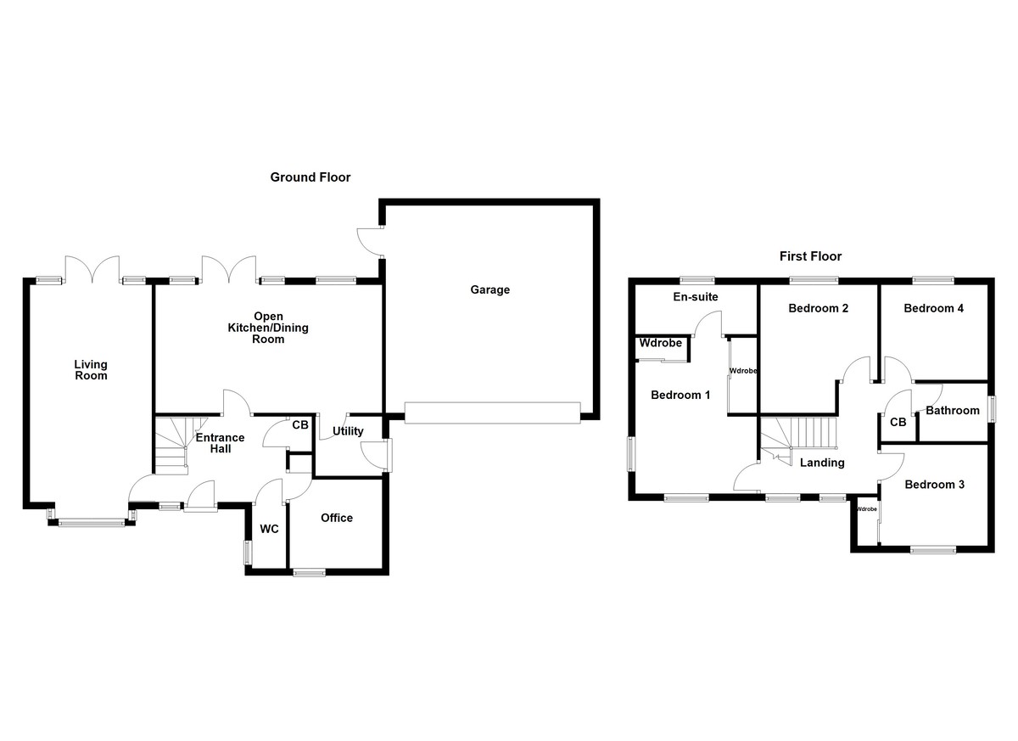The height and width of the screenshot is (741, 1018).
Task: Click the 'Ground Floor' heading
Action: pyautogui.click(x=310, y=177)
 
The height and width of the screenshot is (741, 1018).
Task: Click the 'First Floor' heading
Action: pyautogui.click(x=810, y=255)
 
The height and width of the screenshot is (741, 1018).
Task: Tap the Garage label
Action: pyautogui.click(x=490, y=289)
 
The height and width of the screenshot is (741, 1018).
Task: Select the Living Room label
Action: pyautogui.click(x=91, y=370)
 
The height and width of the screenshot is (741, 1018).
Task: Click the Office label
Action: pyautogui.click(x=337, y=518)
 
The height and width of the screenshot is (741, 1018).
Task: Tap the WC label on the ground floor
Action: pyautogui.click(x=269, y=529)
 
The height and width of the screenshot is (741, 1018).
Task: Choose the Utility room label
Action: pyautogui.click(x=348, y=431)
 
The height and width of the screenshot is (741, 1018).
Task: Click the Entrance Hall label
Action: pyautogui.click(x=221, y=443)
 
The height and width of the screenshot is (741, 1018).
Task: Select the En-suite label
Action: pyautogui.click(x=696, y=298)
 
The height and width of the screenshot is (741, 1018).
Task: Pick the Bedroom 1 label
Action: pyautogui.click(x=680, y=395)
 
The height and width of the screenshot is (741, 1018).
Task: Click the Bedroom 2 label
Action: pyautogui.click(x=818, y=308)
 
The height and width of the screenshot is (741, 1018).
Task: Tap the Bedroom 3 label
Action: pyautogui.click(x=934, y=485)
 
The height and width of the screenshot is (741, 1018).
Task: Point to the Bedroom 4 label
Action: pyautogui.click(x=933, y=308)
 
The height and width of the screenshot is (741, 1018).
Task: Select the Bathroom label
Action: pyautogui.click(x=953, y=411)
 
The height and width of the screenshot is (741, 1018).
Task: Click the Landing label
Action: pyautogui.click(x=822, y=463)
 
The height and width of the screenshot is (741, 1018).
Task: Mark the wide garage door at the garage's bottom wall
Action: pyautogui.click(x=492, y=412)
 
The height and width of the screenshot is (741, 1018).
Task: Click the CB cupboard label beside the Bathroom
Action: pyautogui.click(x=898, y=422)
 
